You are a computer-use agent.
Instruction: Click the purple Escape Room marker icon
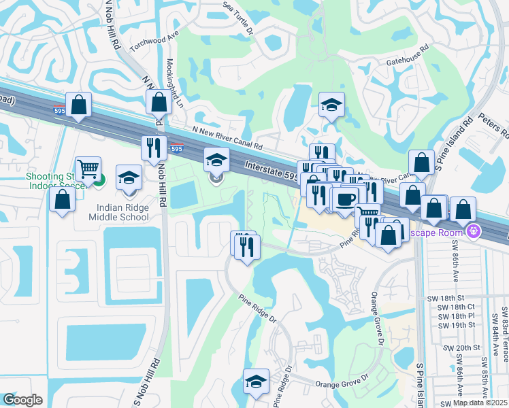click(475, 232)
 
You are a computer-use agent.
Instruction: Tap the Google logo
click(22, 399)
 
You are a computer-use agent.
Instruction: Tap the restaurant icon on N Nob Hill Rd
click(154, 147)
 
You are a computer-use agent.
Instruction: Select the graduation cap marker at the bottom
click(256, 381)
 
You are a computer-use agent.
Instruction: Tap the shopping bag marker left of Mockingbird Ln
click(80, 105)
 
